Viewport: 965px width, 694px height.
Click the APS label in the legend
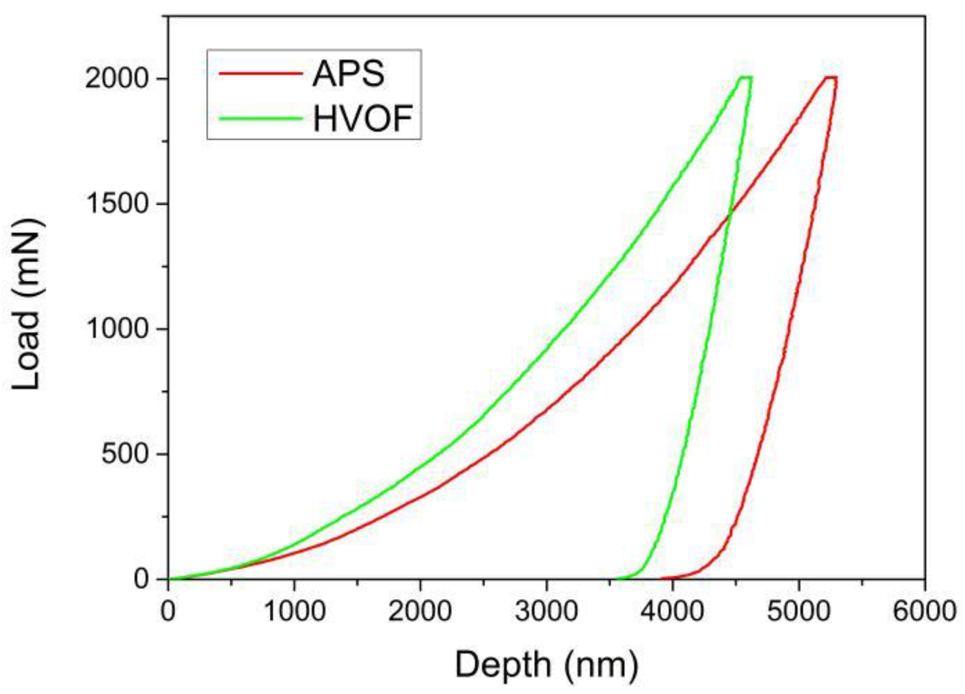[348, 74]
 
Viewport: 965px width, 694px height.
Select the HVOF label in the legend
[362, 119]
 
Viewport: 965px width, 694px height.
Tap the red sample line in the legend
[260, 74]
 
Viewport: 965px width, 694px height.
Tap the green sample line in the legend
[260, 119]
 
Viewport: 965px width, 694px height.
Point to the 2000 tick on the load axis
[116, 79]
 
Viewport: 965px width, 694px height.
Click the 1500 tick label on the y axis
[116, 204]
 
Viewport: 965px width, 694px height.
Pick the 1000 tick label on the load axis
[116, 328]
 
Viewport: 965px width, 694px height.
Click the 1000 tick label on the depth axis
[294, 611]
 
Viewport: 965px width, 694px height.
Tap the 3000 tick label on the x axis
[546, 611]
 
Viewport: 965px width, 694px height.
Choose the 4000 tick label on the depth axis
[672, 611]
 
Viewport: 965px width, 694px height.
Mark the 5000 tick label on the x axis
[798, 611]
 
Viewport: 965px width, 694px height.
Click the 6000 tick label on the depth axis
[924, 611]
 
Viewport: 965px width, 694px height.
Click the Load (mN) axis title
[26, 305]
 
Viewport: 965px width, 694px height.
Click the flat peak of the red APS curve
[830, 77]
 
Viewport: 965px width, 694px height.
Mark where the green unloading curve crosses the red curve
[730, 216]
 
